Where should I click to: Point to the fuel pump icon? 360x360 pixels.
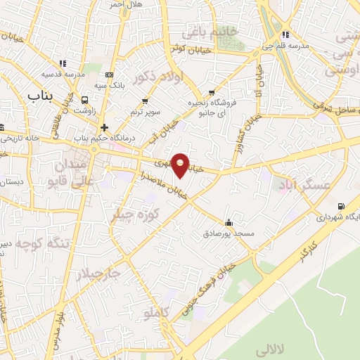(341, 206)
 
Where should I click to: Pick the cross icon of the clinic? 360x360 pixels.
(104, 127)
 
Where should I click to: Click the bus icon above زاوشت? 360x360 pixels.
(85, 100)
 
